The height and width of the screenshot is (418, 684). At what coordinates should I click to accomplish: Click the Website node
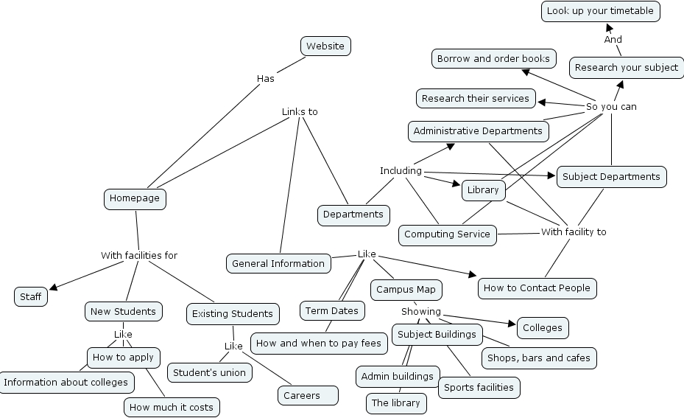point(325,46)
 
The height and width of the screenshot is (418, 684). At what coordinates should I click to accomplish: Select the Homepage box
point(134,198)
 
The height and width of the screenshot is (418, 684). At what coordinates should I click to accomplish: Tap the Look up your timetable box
point(600,11)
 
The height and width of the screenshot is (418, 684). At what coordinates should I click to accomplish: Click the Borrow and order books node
point(493,58)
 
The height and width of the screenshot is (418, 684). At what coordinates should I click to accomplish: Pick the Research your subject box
point(626,67)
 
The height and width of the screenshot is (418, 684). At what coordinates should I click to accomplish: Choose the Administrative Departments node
point(478,131)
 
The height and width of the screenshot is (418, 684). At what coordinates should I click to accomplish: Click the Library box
point(483,190)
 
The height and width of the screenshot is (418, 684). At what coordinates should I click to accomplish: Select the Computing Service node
point(447,234)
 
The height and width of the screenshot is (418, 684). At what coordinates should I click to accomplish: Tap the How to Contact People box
point(537,288)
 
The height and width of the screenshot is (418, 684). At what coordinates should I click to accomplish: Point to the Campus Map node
point(406,290)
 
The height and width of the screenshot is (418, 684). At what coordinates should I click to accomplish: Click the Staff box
point(31,296)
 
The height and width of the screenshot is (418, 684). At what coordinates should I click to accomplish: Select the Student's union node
point(209,372)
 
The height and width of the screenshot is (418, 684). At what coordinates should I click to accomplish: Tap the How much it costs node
point(171,407)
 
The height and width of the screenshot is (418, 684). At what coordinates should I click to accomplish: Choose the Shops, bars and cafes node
point(538,358)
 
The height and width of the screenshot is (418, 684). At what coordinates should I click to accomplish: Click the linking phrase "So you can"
point(611,107)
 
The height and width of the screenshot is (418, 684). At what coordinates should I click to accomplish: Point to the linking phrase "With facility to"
point(574,231)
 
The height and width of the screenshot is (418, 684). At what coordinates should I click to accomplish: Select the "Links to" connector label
point(300,112)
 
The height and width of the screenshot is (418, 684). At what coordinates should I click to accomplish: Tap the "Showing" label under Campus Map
point(421,312)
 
